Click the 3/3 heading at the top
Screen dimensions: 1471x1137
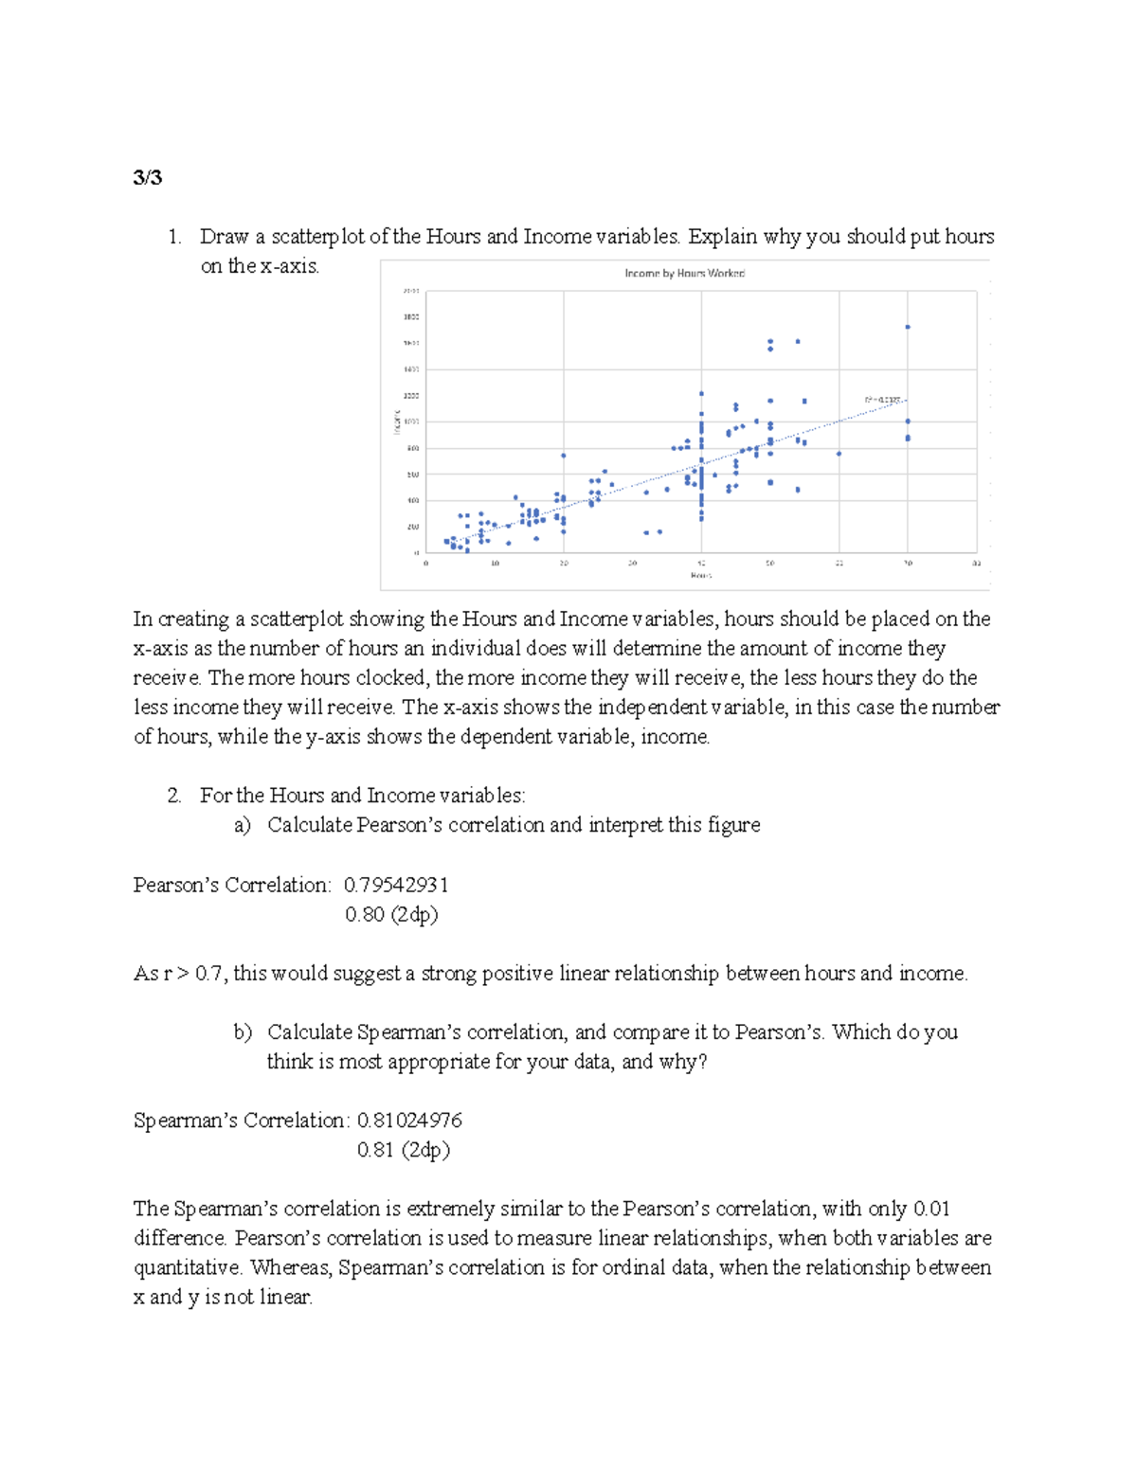[x=148, y=177]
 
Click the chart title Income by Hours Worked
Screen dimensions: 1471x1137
[x=684, y=273]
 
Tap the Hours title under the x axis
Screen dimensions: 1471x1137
[x=700, y=575]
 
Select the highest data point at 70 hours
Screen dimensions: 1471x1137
[x=908, y=327]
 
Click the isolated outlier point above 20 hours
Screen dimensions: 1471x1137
[x=563, y=455]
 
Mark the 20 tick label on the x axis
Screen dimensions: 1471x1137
[x=563, y=564]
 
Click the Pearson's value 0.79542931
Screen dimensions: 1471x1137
[x=396, y=885]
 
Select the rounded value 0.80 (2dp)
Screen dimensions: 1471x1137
[x=391, y=914]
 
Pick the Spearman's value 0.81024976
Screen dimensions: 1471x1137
[x=409, y=1121]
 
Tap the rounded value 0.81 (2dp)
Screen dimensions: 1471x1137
[x=403, y=1150]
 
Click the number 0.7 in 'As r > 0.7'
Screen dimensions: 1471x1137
[x=209, y=973]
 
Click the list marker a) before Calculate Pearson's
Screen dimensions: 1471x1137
[x=243, y=825]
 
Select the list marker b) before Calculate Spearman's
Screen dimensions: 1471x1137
[x=243, y=1032]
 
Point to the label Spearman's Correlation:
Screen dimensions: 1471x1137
[x=242, y=1121]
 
